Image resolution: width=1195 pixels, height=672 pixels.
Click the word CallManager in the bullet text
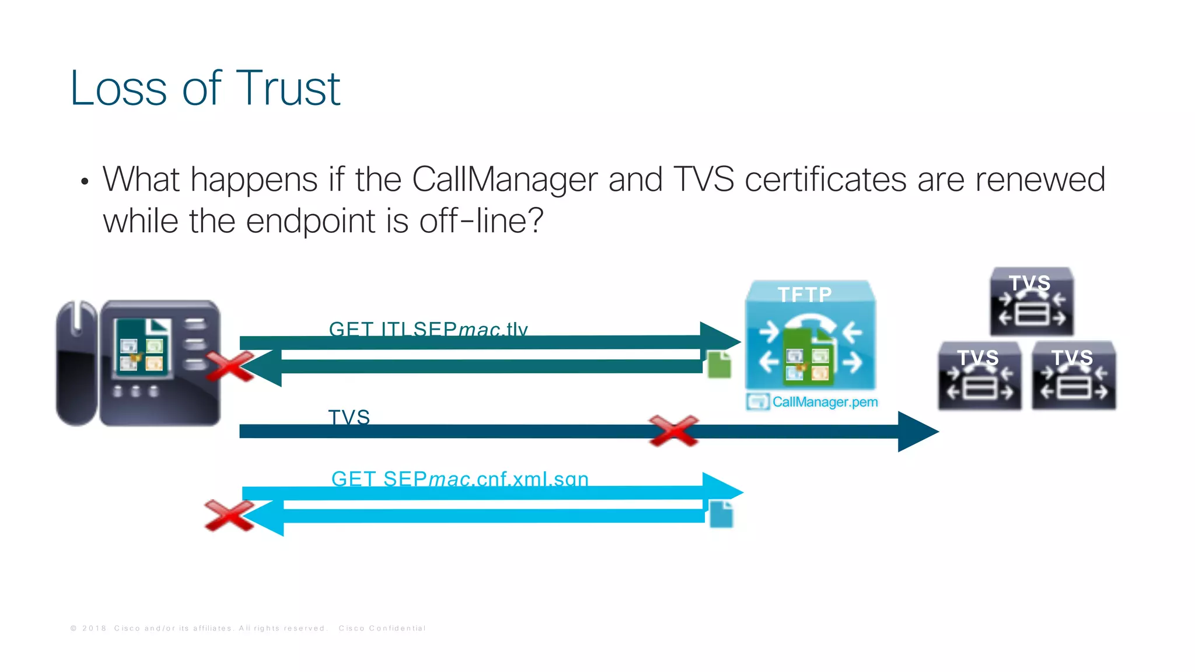(504, 180)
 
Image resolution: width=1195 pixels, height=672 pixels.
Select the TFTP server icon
(810, 335)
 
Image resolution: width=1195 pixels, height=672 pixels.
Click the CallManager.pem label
(824, 402)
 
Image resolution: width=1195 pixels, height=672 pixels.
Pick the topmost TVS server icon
(1032, 302)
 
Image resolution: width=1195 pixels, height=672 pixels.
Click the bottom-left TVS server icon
(979, 376)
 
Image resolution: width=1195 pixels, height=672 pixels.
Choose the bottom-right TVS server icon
(1074, 376)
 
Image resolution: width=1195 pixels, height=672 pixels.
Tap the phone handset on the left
(76, 363)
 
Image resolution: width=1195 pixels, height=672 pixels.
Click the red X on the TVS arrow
(673, 431)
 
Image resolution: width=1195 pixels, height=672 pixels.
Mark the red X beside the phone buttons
(230, 366)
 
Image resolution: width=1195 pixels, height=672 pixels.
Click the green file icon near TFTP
(719, 365)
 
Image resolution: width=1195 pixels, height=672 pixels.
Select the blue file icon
(721, 514)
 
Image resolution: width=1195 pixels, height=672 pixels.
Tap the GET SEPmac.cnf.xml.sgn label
(459, 479)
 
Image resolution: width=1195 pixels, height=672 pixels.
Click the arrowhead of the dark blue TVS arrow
(917, 432)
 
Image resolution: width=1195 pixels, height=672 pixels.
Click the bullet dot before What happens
(85, 181)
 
